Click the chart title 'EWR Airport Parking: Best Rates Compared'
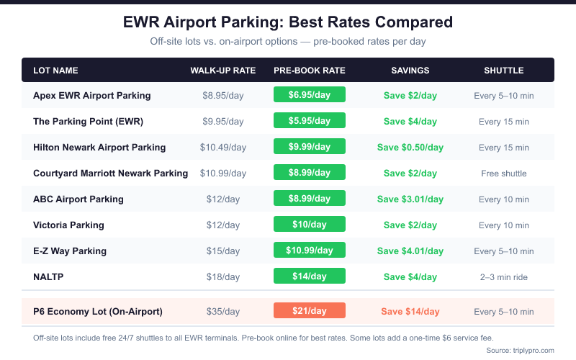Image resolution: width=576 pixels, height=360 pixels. click(x=288, y=22)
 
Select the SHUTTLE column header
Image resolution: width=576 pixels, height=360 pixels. click(x=503, y=71)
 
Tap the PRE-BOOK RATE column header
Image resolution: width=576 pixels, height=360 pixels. click(x=310, y=71)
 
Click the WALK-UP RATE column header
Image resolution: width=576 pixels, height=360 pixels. click(x=223, y=71)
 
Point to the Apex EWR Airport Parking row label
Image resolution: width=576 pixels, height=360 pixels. click(x=92, y=96)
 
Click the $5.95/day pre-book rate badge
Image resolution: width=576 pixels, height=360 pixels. click(x=310, y=122)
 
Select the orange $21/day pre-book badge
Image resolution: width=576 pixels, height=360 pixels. click(x=310, y=311)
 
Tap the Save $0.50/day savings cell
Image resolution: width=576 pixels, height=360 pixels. click(x=410, y=148)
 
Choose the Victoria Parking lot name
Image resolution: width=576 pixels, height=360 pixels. click(x=68, y=225)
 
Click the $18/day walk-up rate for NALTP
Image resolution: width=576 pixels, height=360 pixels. click(x=223, y=277)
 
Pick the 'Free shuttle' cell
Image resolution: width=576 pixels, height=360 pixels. click(x=504, y=174)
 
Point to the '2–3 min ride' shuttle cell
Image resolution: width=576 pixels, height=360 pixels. click(x=504, y=277)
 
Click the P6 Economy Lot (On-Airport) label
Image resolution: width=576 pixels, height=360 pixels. click(x=98, y=312)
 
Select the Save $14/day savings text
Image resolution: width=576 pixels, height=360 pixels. click(x=410, y=312)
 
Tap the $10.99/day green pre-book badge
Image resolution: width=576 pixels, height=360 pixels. click(x=310, y=251)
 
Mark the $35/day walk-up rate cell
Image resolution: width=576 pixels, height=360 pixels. click(x=223, y=312)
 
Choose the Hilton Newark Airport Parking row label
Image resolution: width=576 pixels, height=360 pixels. click(x=99, y=148)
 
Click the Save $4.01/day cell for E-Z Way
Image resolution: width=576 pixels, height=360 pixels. click(x=410, y=251)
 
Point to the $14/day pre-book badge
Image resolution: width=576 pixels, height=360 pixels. click(x=310, y=276)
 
